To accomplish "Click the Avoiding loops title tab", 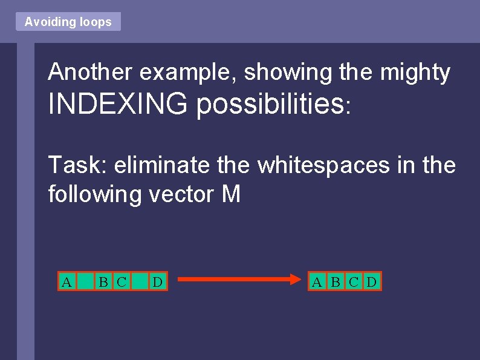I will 68,22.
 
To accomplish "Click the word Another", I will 90,72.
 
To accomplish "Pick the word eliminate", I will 166,165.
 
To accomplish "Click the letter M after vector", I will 231,195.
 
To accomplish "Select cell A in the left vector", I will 67,281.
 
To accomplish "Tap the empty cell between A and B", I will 86,281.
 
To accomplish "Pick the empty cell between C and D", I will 140,281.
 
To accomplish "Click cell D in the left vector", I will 158,281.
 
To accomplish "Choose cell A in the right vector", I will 317,281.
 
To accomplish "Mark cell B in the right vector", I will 336,281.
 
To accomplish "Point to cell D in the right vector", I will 372,281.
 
